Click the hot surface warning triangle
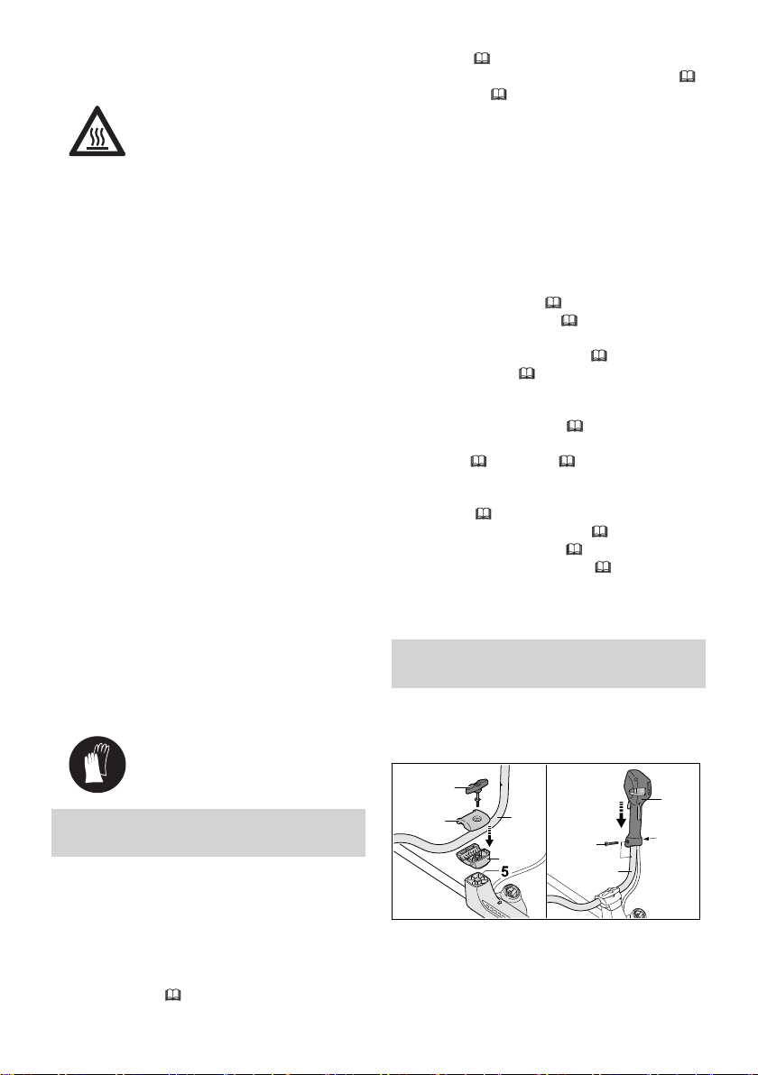(97, 132)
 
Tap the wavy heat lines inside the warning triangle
(97, 135)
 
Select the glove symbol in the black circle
(97, 765)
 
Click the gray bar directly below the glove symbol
(208, 832)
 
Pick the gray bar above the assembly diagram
(548, 663)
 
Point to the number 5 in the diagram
(504, 871)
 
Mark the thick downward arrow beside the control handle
(621, 813)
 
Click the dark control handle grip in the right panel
(636, 809)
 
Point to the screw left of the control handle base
(611, 844)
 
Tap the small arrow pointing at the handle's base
(653, 838)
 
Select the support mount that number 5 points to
(479, 881)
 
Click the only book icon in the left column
(173, 996)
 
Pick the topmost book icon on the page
(482, 59)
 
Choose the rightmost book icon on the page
(688, 77)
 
